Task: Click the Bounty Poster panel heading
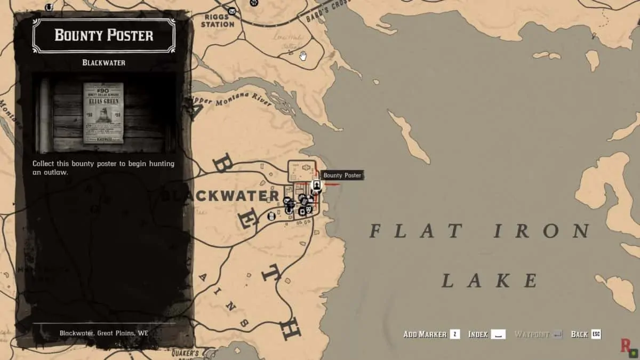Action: [104, 36]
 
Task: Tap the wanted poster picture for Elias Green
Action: [103, 113]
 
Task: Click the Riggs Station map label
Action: [218, 20]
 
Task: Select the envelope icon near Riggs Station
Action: [232, 11]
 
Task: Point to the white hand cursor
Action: [303, 55]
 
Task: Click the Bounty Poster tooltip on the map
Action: [342, 175]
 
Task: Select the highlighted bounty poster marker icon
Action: [316, 186]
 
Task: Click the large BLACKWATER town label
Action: [220, 196]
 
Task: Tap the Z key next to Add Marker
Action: [454, 334]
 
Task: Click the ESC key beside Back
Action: [596, 334]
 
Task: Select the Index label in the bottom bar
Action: [478, 334]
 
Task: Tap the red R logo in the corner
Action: [626, 346]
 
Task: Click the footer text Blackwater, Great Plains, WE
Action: [104, 333]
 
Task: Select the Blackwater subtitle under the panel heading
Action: [104, 62]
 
